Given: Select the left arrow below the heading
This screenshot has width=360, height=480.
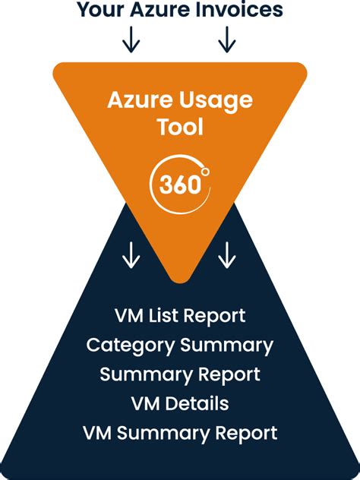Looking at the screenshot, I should click(131, 40).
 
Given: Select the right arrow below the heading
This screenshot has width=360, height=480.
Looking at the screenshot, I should click(226, 40).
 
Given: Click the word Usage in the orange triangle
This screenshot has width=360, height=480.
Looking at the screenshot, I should click(216, 99).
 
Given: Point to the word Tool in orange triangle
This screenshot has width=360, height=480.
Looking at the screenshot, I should click(180, 126).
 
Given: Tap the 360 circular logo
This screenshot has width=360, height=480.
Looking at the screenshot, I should click(180, 182).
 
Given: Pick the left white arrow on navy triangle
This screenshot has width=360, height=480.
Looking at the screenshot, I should click(131, 256).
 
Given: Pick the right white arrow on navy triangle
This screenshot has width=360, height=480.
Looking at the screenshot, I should click(226, 256).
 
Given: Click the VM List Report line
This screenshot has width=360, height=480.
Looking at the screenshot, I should click(180, 315).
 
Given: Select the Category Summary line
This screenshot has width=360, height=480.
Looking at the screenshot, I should click(180, 345).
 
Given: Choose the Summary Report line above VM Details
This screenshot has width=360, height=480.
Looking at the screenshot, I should click(180, 374).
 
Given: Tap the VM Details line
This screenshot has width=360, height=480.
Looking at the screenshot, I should click(180, 403).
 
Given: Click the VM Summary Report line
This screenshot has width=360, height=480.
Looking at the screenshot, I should click(180, 433).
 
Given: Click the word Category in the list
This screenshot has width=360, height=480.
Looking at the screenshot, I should click(130, 345).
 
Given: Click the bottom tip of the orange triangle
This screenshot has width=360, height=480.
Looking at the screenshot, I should click(180, 279).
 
